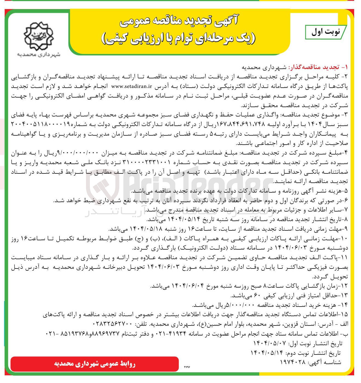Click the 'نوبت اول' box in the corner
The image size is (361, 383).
(326, 32)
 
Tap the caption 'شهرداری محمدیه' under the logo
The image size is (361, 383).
(38, 55)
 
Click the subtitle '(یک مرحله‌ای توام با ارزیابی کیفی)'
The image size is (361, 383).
(178, 38)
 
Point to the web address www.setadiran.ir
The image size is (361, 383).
(132, 86)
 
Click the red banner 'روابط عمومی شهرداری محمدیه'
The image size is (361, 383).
(95, 364)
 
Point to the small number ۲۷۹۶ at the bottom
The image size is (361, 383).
(187, 367)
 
